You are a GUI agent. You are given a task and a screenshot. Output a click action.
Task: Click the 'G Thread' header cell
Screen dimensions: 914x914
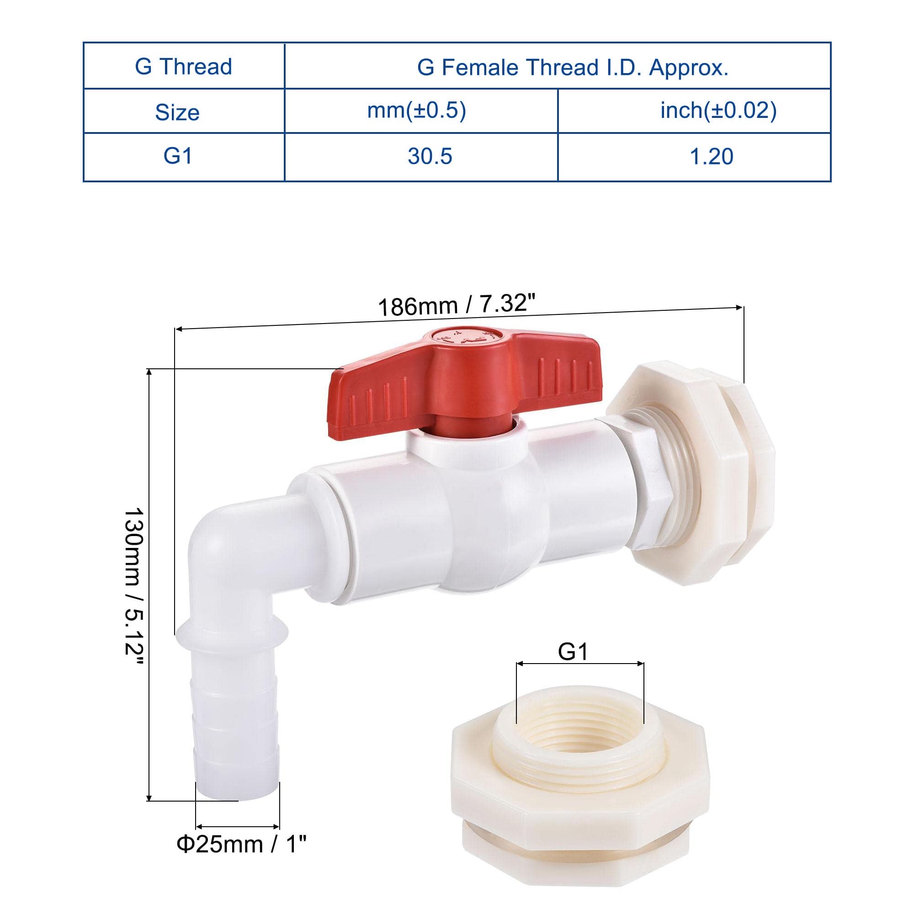tap(184, 66)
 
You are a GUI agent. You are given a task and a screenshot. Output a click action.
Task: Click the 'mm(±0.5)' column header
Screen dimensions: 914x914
tap(417, 110)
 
